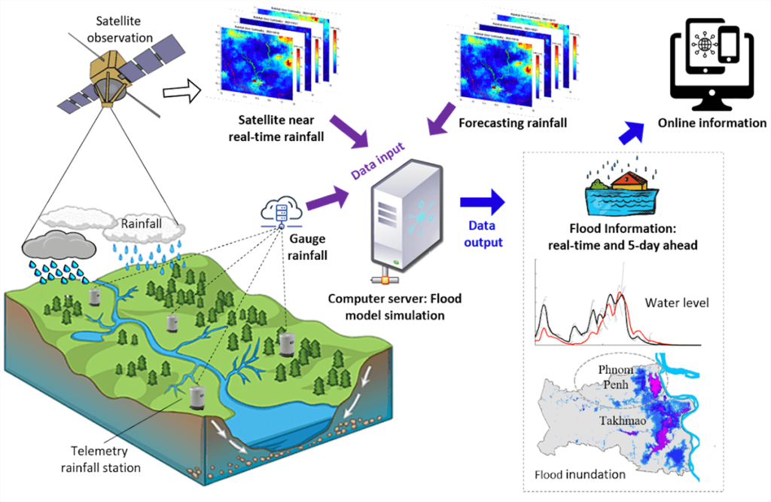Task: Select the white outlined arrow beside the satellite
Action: click(x=181, y=92)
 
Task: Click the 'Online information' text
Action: click(x=712, y=123)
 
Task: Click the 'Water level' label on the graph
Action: click(x=676, y=303)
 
